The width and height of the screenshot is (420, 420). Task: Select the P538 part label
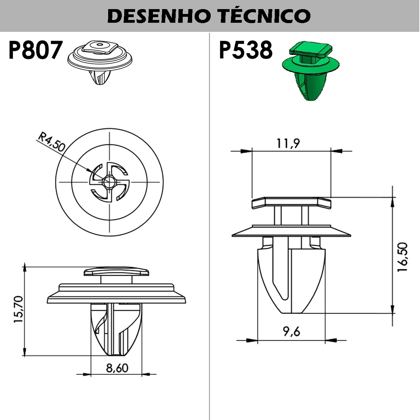coord(246,50)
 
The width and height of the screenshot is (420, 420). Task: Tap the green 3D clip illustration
coord(310,70)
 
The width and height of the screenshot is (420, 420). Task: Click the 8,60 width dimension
coord(117,368)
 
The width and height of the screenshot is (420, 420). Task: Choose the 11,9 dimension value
coord(288,143)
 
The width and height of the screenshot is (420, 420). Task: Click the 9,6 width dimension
coord(292,331)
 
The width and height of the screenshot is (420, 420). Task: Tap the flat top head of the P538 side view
coord(291,203)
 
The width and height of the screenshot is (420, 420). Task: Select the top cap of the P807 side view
coord(117,271)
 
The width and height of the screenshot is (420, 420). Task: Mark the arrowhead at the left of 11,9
coord(246,151)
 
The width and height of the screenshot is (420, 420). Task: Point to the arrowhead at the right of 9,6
coord(331,340)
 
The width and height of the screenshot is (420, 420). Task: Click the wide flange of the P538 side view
coord(291,232)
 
